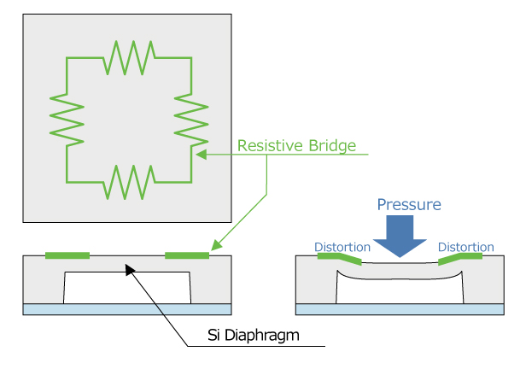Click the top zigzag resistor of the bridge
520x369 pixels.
(x=130, y=57)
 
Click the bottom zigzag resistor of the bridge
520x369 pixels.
(x=130, y=181)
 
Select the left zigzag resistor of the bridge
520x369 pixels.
(x=67, y=119)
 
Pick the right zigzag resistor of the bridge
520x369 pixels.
(x=191, y=119)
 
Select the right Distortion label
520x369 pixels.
(x=466, y=247)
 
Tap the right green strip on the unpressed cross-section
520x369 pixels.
(x=187, y=255)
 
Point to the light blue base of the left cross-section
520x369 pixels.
(x=127, y=309)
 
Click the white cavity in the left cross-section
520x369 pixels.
(x=127, y=288)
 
